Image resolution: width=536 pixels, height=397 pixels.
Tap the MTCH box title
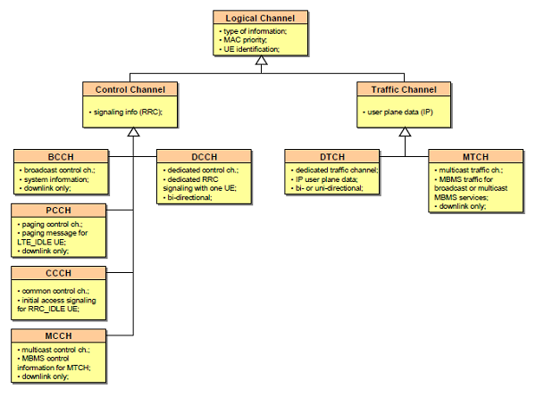coord(477,156)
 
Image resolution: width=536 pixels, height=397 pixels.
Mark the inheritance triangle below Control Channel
coord(132,132)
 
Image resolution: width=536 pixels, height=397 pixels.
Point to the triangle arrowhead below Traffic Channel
coord(404,132)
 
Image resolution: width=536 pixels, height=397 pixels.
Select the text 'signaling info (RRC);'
coord(129,112)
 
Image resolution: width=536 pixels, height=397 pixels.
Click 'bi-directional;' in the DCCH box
coord(188,196)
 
